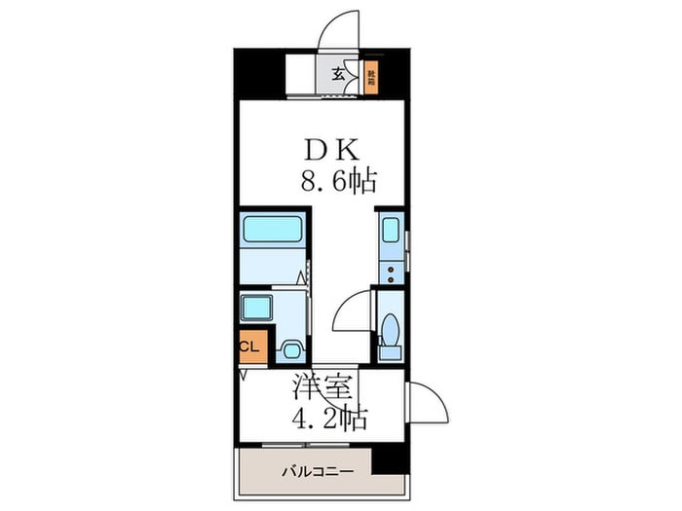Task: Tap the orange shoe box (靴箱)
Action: click(x=371, y=76)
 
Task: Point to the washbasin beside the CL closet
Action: click(x=289, y=347)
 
